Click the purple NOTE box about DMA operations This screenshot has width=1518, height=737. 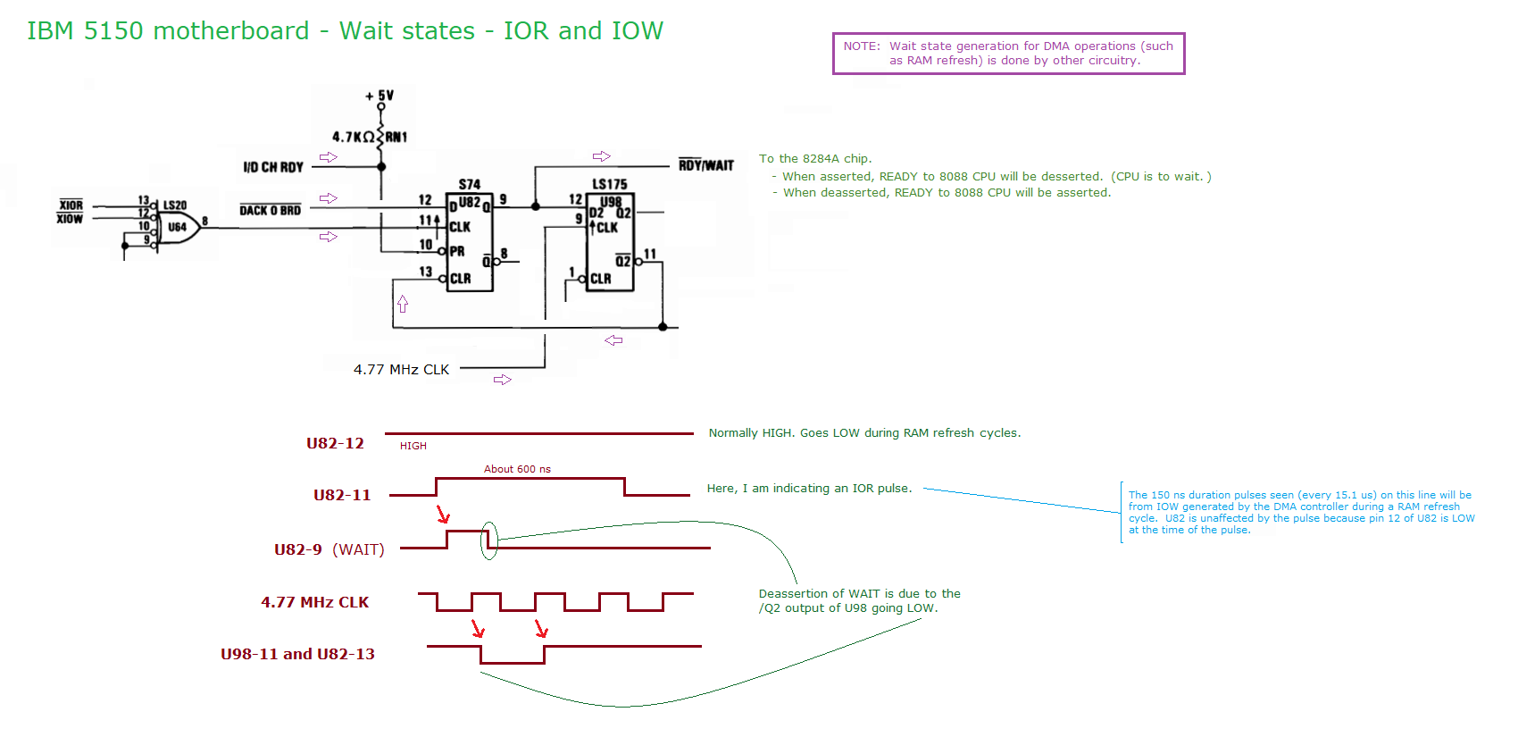tap(1008, 54)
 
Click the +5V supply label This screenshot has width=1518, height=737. tap(379, 96)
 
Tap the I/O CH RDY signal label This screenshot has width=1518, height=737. tap(273, 167)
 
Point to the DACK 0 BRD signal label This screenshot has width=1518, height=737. tap(270, 210)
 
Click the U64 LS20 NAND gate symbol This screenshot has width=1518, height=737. tap(178, 227)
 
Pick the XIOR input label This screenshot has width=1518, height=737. tap(71, 205)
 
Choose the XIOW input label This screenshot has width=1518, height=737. tap(70, 219)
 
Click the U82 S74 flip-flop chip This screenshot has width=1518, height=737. tap(470, 241)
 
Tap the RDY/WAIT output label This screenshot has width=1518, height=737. tap(705, 165)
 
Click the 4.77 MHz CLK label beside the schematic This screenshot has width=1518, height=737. tap(401, 370)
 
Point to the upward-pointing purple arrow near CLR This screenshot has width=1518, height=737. tap(403, 305)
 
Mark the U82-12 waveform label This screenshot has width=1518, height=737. tap(335, 444)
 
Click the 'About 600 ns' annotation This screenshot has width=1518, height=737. tap(517, 469)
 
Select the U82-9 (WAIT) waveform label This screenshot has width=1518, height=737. tap(329, 549)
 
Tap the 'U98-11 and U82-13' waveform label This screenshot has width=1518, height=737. tap(297, 654)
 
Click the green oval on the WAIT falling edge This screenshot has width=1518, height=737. tap(488, 541)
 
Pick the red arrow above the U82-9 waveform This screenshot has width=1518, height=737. tap(443, 515)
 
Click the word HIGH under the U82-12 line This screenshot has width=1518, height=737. tap(413, 446)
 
